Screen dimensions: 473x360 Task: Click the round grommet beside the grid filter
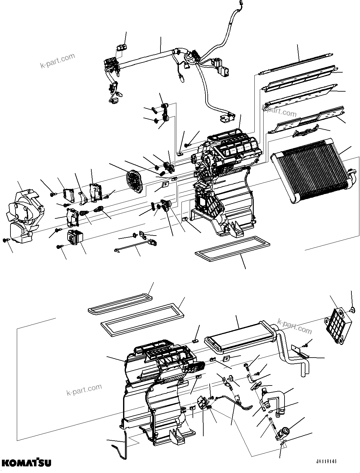351,309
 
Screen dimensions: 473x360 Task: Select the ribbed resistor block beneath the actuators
75,238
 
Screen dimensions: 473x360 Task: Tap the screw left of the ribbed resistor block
59,246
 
